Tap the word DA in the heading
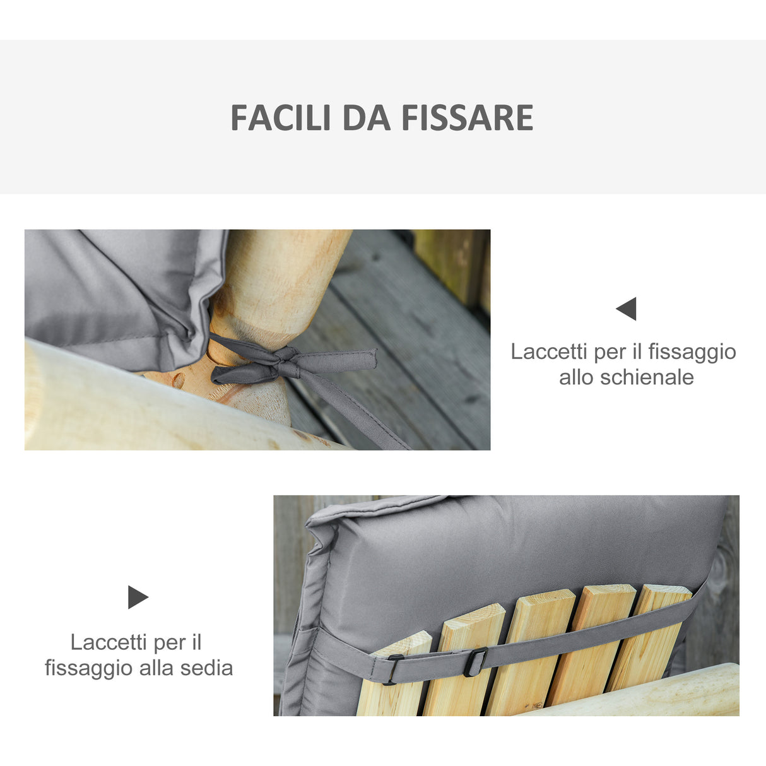(367, 118)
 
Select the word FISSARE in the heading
(468, 118)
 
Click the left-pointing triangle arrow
(627, 309)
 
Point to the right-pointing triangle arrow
(138, 597)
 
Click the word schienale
(647, 377)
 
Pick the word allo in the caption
(577, 377)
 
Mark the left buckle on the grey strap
(391, 669)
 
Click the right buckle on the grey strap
(476, 662)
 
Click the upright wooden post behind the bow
(278, 284)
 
